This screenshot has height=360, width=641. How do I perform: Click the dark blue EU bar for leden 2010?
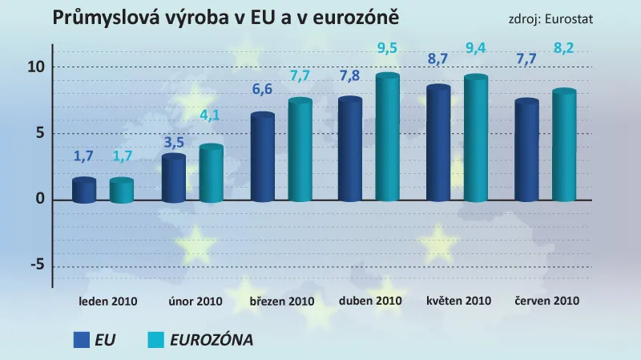point(84,191)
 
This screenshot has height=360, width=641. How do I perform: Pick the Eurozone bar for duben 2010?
point(388,138)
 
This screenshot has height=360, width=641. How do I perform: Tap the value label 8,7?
point(439,59)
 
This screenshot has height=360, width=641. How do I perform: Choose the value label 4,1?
point(210,115)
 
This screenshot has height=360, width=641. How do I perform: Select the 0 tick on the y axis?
point(38,200)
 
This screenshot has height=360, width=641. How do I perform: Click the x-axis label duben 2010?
point(369,301)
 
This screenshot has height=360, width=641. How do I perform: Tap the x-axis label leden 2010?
point(108,301)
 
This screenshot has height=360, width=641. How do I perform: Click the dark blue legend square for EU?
point(80,339)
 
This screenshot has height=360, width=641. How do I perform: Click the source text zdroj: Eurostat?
point(550,18)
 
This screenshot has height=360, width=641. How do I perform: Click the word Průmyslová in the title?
point(103,17)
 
